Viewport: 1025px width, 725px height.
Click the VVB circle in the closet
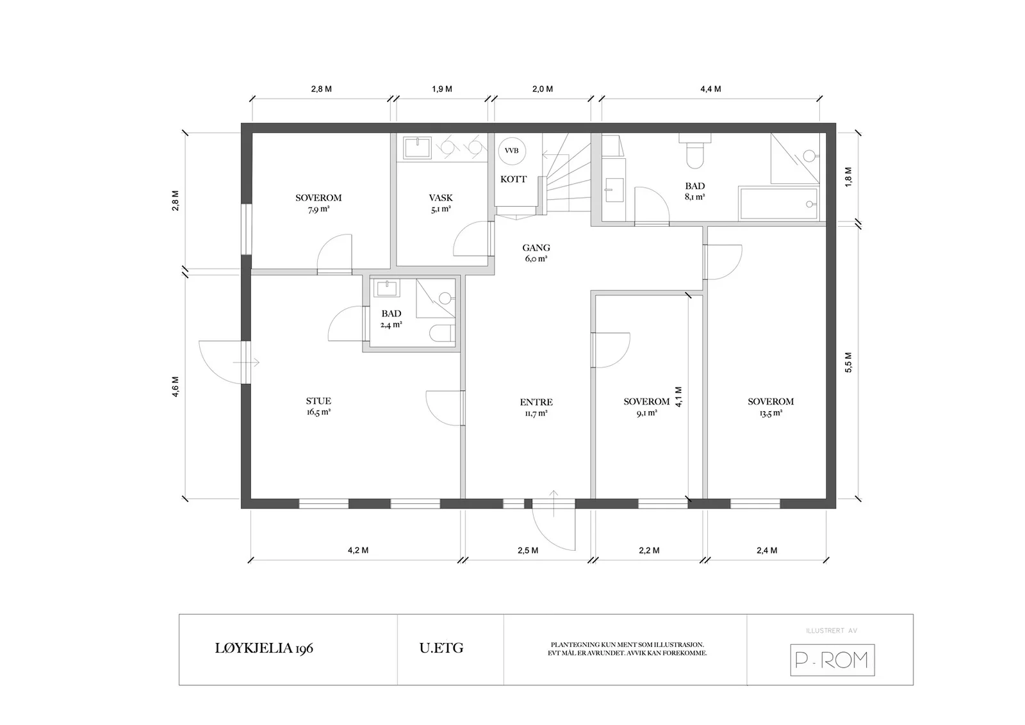pos(512,151)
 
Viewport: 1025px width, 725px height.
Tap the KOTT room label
pos(513,179)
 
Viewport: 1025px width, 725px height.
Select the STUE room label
pos(318,401)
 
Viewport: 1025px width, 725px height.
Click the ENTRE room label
pos(536,402)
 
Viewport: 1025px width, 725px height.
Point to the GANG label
pos(536,248)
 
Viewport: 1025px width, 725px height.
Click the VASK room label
pos(441,198)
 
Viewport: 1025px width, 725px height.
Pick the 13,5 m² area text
pos(771,412)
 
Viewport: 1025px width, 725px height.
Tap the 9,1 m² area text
pos(646,412)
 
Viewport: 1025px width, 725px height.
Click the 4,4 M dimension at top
pos(710,89)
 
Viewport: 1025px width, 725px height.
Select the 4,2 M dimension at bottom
pos(358,550)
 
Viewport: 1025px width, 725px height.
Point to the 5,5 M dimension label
pos(848,362)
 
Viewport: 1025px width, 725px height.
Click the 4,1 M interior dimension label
pos(678,397)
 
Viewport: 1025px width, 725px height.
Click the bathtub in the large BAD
pos(778,204)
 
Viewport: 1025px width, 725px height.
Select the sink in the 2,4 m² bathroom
pos(387,289)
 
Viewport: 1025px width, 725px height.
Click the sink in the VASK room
pos(417,148)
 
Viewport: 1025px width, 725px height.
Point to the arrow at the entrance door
pos(553,503)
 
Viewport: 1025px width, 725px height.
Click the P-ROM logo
pos(832,660)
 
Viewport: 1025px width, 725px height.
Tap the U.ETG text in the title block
pos(441,648)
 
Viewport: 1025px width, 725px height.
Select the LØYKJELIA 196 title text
pos(264,648)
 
